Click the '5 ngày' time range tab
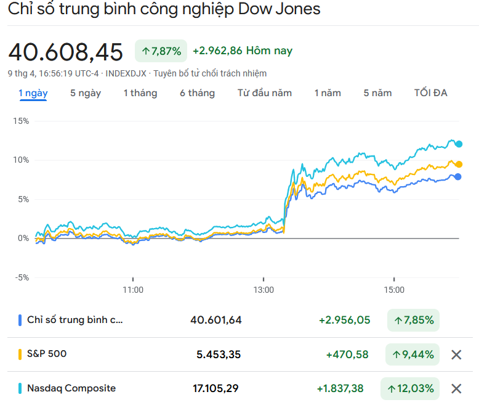click(x=86, y=93)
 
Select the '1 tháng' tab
click(x=140, y=93)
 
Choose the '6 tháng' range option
click(x=197, y=93)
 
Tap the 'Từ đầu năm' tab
click(x=265, y=93)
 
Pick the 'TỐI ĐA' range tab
click(x=431, y=93)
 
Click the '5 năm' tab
click(x=377, y=93)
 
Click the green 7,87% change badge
click(x=161, y=51)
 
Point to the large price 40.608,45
click(x=65, y=52)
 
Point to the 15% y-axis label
click(x=21, y=121)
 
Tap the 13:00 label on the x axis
click(x=264, y=289)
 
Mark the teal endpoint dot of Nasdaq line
click(x=459, y=144)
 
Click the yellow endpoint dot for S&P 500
click(x=459, y=164)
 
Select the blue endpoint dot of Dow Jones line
click(x=459, y=176)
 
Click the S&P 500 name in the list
click(x=47, y=354)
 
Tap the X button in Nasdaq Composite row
click(x=456, y=388)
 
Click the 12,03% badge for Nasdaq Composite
click(x=410, y=388)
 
